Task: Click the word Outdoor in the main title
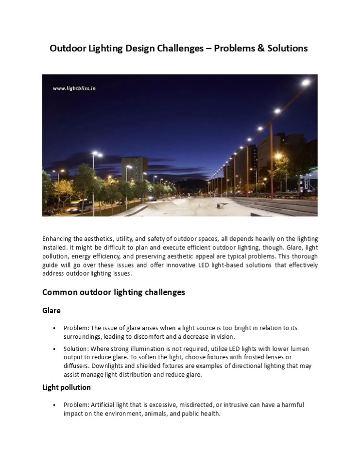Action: [x=67, y=49]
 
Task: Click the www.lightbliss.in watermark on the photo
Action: [x=74, y=88]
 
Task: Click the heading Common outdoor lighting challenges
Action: [x=114, y=292]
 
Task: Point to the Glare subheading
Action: [x=51, y=311]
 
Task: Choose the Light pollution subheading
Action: [x=67, y=387]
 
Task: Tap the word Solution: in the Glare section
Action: [x=76, y=349]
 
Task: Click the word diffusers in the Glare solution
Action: [x=76, y=366]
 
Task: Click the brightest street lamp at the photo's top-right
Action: [x=306, y=83]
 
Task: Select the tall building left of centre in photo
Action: [x=134, y=169]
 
